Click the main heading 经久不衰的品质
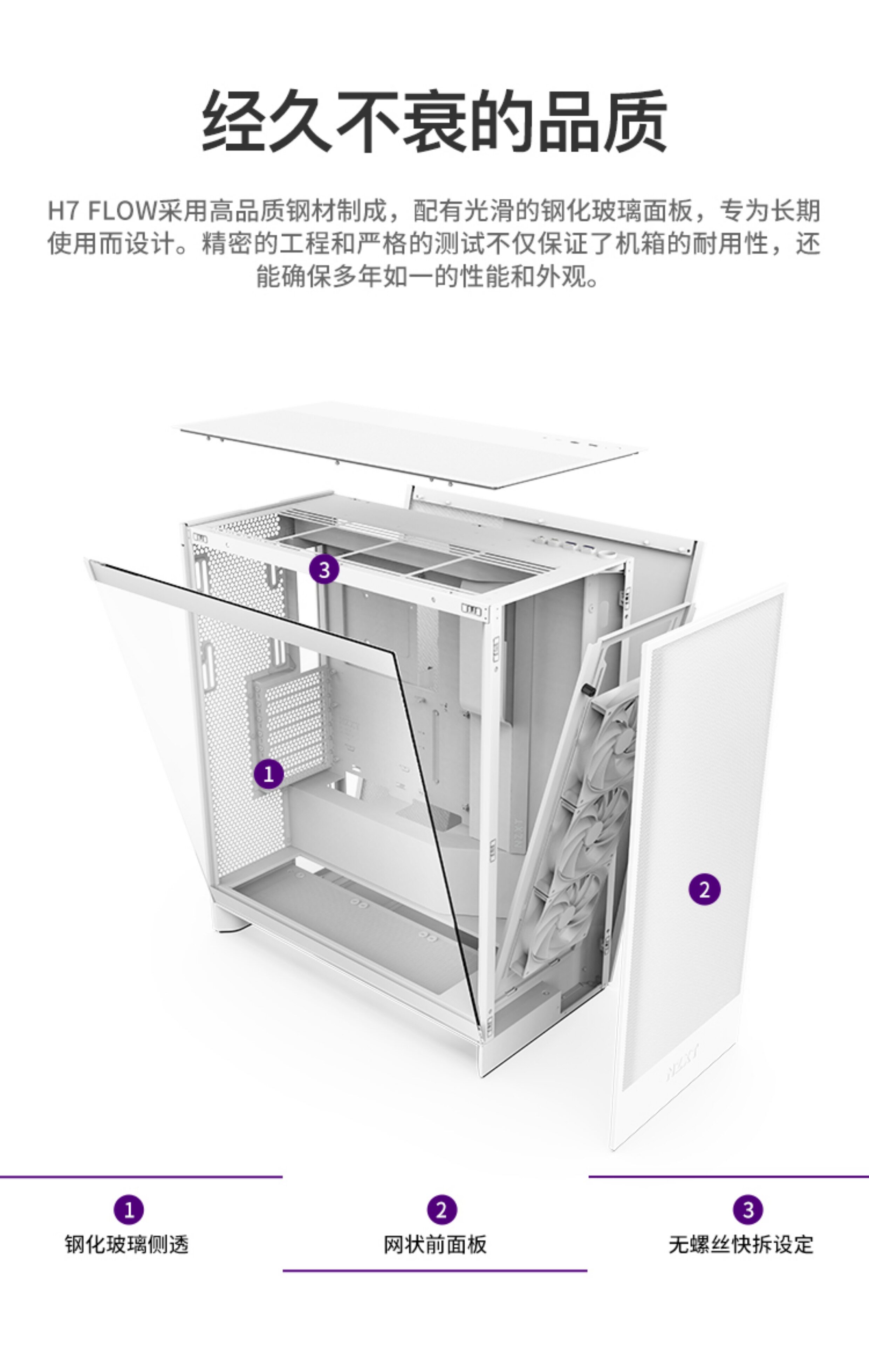tap(434, 121)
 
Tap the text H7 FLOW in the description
tap(102, 211)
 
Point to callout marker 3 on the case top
tap(324, 569)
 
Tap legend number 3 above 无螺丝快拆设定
tap(748, 1210)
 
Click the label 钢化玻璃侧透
tap(127, 1244)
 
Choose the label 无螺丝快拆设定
tap(741, 1244)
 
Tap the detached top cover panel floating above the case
tap(412, 446)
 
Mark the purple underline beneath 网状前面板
tap(434, 1270)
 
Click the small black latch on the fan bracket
tap(587, 689)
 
